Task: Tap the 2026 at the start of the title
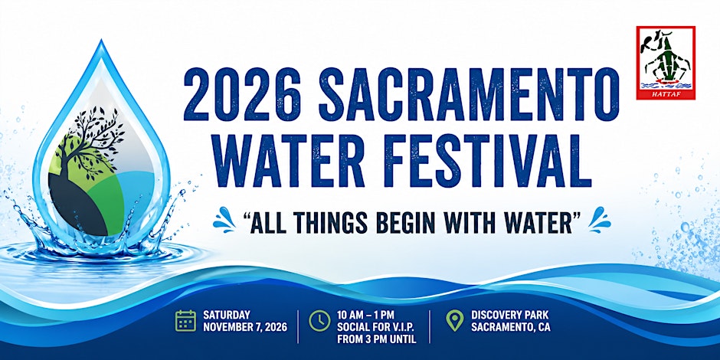(x=242, y=94)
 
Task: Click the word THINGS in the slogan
(x=329, y=223)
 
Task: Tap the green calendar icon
(x=185, y=320)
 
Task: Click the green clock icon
(x=319, y=320)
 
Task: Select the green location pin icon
(x=454, y=320)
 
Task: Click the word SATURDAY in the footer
(x=227, y=315)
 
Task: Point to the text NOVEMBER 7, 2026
(x=245, y=327)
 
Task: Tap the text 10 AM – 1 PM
(x=366, y=315)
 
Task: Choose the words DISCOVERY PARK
(x=509, y=315)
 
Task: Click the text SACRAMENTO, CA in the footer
(x=511, y=327)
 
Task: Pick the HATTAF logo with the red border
(x=666, y=63)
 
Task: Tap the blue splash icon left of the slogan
(x=224, y=220)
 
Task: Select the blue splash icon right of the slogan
(x=599, y=220)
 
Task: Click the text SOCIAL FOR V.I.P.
(x=377, y=327)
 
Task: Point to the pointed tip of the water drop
(x=101, y=41)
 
